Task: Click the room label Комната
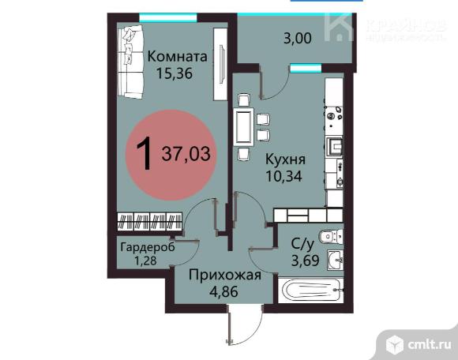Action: (178, 56)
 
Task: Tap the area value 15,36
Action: (175, 73)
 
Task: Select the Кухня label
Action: (285, 159)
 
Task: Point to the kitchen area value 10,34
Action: (283, 176)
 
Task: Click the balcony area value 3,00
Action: (298, 39)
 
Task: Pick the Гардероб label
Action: (148, 247)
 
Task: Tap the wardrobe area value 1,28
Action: (145, 261)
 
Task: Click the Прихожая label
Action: (224, 275)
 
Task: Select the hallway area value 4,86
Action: (224, 291)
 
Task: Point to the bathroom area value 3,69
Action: (306, 261)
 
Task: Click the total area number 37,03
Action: (186, 154)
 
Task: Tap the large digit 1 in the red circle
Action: (145, 153)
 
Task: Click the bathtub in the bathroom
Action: (311, 291)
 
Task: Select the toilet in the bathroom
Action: (332, 236)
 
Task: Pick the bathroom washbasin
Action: (336, 259)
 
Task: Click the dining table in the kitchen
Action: (243, 127)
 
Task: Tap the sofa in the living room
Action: (130, 61)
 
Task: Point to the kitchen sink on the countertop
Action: (335, 147)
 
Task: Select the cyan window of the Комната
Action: (168, 17)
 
